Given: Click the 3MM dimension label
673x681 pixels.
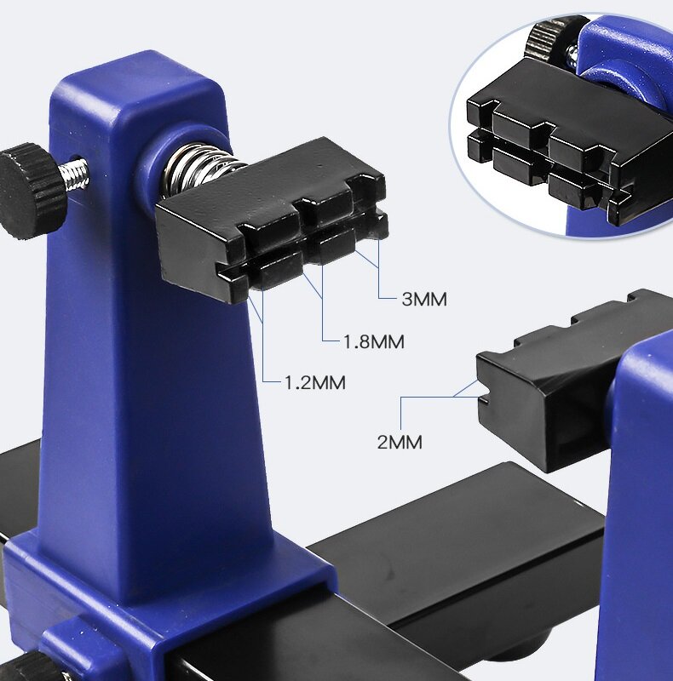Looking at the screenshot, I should [423, 299].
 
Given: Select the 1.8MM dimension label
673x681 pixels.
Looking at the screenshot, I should [373, 341].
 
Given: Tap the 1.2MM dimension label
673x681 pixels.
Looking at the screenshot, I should [314, 382].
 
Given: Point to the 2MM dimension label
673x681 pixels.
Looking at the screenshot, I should [399, 442].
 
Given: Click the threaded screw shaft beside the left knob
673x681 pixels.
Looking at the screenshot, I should [76, 173].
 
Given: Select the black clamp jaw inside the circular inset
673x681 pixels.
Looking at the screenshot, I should [562, 140].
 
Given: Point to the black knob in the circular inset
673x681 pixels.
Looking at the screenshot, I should [551, 37].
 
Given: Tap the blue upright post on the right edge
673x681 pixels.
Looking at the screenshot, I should [639, 511].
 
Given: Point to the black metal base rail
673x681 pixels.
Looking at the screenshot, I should [477, 545].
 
